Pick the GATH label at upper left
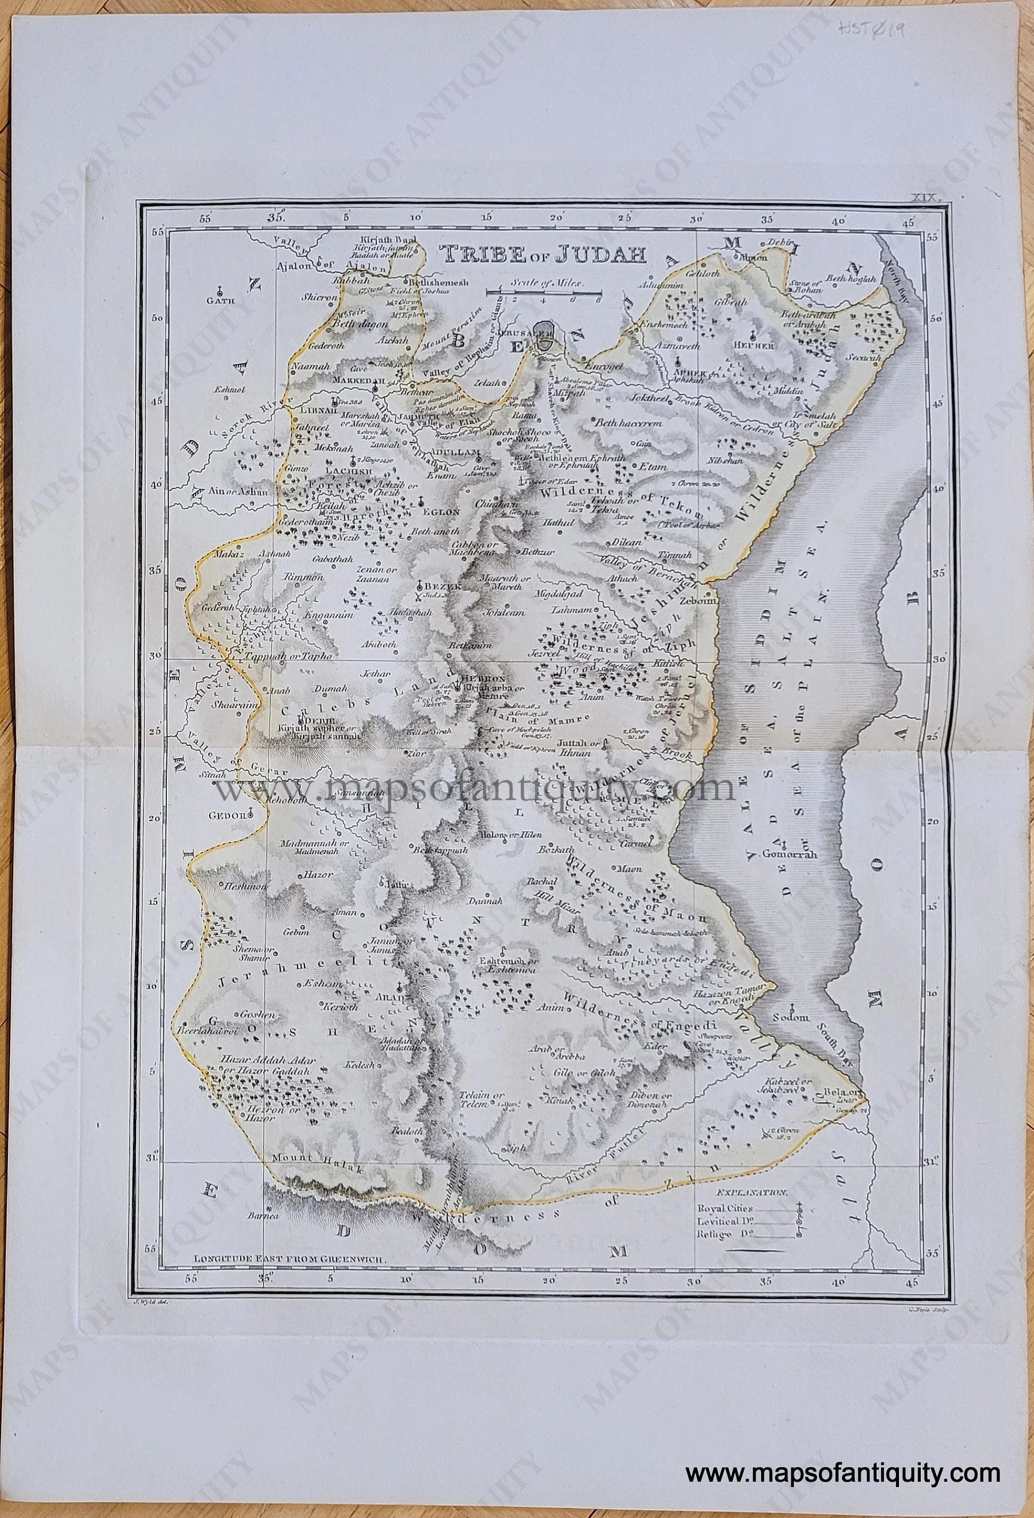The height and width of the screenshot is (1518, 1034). (x=219, y=301)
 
